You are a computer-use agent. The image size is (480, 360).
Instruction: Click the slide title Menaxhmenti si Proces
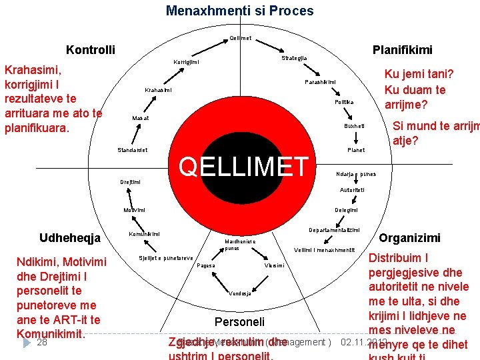click(x=239, y=11)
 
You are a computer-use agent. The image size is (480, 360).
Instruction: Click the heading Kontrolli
click(x=90, y=50)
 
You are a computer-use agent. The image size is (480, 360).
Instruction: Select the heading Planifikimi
click(x=402, y=50)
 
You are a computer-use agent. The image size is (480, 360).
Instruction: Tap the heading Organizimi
click(x=409, y=237)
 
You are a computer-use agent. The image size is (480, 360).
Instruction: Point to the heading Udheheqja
click(x=70, y=238)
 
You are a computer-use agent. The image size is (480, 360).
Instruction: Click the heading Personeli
click(x=239, y=321)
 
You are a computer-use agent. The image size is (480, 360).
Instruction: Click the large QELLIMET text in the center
click(x=244, y=167)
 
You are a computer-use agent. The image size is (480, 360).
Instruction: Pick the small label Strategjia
click(x=294, y=59)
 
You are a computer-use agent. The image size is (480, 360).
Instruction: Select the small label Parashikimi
click(x=320, y=82)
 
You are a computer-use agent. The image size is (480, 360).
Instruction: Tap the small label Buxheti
click(x=354, y=126)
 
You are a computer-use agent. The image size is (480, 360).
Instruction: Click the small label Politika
click(x=344, y=103)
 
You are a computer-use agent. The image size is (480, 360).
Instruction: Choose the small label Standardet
click(x=133, y=150)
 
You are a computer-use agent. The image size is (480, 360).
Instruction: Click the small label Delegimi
click(x=346, y=210)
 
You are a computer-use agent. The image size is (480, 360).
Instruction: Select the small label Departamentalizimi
click(x=334, y=230)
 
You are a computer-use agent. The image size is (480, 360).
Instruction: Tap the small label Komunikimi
click(x=143, y=234)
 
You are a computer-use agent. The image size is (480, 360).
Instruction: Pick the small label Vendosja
click(x=240, y=293)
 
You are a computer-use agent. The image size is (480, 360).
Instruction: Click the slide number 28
click(x=42, y=342)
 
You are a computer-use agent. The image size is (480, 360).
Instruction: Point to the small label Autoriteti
click(x=352, y=190)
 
